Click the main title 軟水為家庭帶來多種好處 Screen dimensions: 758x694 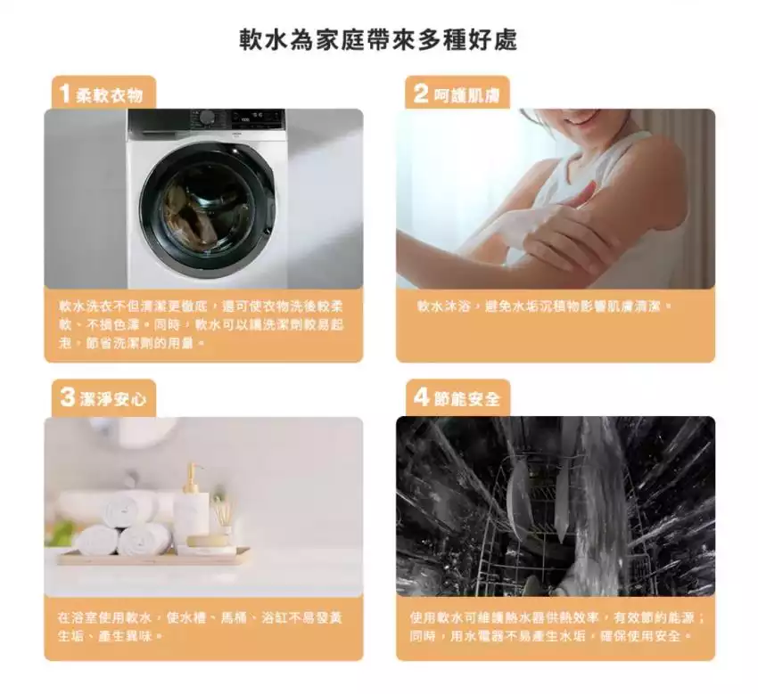[x=378, y=39]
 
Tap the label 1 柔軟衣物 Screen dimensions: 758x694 [x=103, y=94]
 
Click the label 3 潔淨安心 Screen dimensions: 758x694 [x=103, y=398]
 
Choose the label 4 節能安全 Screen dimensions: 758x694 [x=457, y=398]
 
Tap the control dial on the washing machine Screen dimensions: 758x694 [x=208, y=118]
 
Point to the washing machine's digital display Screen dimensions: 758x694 [x=251, y=116]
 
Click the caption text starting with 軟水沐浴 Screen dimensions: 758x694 [x=544, y=306]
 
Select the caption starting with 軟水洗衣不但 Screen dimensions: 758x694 [x=201, y=324]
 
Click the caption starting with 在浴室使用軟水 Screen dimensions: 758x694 [x=200, y=626]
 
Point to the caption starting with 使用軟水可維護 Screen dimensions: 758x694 [x=556, y=626]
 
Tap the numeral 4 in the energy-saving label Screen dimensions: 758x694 [x=421, y=397]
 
